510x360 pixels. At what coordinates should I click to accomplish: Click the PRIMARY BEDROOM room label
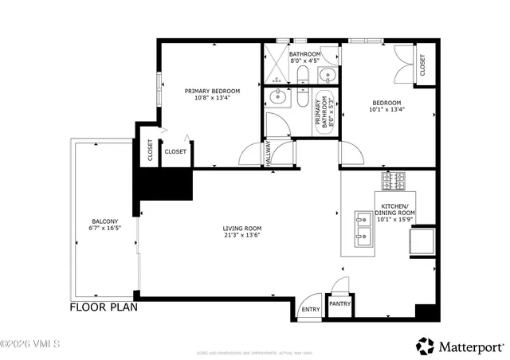(212, 91)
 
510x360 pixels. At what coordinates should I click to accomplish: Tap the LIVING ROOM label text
(241, 229)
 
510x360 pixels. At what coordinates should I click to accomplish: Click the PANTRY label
(339, 303)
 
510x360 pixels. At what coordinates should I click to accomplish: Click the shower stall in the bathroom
(276, 65)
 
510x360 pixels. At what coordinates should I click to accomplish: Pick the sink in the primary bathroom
(277, 99)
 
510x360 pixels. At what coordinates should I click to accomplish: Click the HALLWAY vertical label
(269, 154)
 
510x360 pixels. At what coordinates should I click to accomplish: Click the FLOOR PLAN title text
(104, 307)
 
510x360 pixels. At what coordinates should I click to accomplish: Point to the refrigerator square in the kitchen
(421, 241)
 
